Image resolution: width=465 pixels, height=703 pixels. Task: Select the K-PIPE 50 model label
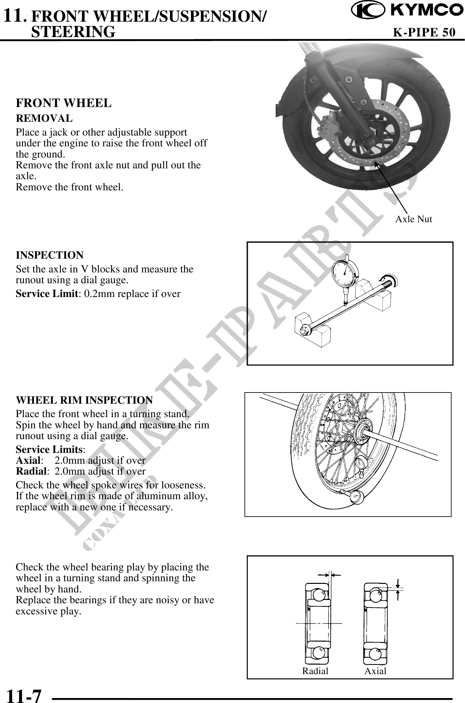pyautogui.click(x=424, y=32)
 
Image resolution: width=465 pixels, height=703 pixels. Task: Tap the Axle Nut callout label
pyautogui.click(x=413, y=219)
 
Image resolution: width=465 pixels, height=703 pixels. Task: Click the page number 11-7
pyautogui.click(x=24, y=695)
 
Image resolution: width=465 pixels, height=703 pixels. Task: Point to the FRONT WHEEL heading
pyautogui.click(x=64, y=103)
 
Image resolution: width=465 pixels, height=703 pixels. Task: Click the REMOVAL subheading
pyautogui.click(x=44, y=118)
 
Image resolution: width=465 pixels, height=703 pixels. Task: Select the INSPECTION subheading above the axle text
pyautogui.click(x=50, y=255)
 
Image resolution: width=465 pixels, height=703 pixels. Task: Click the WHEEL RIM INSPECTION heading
pyautogui.click(x=84, y=400)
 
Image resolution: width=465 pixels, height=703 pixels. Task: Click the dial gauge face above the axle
pyautogui.click(x=346, y=273)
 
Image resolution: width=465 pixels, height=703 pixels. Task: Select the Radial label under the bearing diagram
pyautogui.click(x=315, y=671)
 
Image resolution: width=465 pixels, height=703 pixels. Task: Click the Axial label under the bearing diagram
pyautogui.click(x=375, y=671)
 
